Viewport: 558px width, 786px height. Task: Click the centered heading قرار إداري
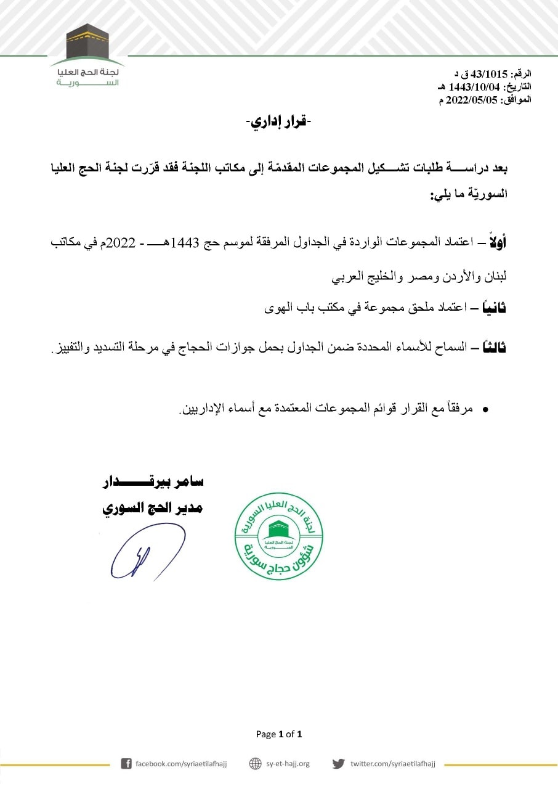click(278, 121)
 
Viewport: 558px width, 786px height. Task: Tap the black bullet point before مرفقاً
click(485, 409)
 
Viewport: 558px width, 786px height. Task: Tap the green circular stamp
click(278, 536)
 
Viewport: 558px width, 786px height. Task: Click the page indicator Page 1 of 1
click(279, 734)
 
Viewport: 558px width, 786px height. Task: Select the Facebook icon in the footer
click(126, 764)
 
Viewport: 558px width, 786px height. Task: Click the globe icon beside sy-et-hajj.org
click(255, 764)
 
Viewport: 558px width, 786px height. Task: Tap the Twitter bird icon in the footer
click(338, 764)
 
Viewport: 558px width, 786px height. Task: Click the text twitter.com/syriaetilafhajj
click(392, 764)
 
